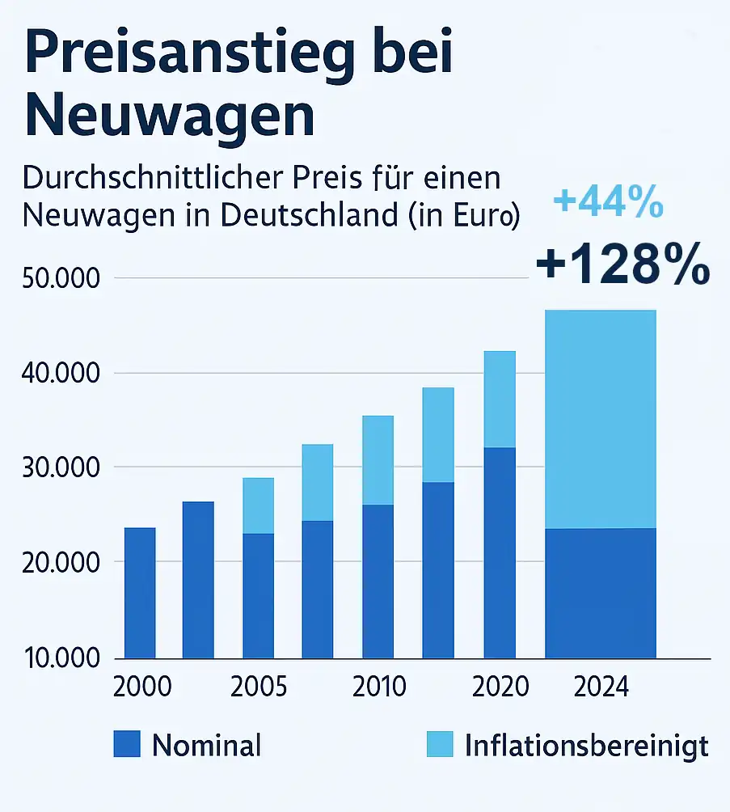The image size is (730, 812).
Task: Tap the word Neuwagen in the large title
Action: (170, 116)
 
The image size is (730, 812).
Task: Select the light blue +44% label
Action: (609, 202)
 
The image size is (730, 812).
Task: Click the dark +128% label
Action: (622, 265)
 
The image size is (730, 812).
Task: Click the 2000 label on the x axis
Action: (142, 687)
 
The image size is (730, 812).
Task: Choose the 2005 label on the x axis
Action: (259, 687)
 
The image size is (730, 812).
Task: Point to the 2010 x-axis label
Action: (379, 687)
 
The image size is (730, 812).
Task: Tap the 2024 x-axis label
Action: (600, 687)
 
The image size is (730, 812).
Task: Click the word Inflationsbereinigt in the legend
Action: (586, 746)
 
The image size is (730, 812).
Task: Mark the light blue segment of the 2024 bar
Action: (601, 419)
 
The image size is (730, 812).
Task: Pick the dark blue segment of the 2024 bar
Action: (601, 593)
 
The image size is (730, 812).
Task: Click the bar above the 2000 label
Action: (140, 593)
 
